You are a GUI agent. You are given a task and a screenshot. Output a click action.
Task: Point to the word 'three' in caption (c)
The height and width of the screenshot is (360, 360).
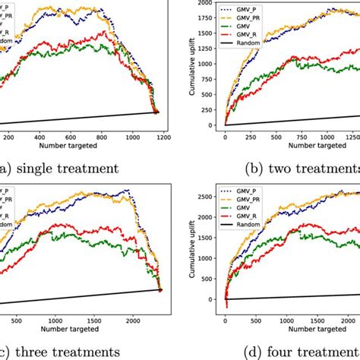pos(34,352)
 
